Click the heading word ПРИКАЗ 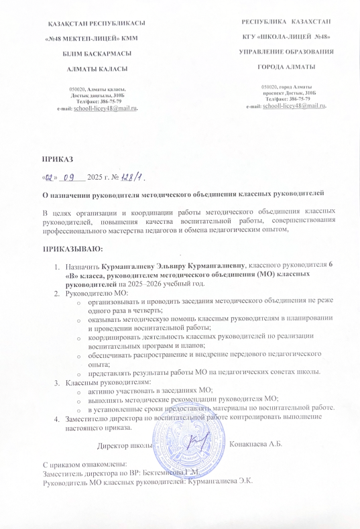pos(58,159)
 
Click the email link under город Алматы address pos(295,106)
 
